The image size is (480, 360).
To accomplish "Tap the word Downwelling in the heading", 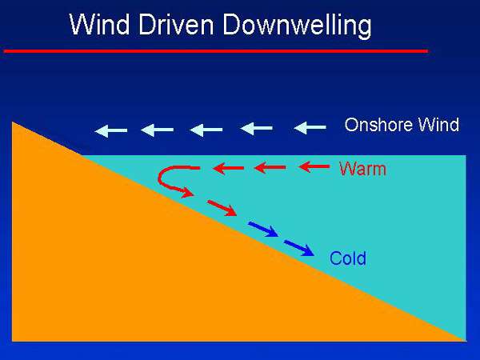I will coord(297,26).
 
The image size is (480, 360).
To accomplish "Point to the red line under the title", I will coord(215,50).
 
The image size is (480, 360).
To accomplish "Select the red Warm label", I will coord(362,169).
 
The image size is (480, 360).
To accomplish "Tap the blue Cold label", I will coord(348,258).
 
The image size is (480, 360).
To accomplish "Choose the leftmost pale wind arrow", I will coord(111,130).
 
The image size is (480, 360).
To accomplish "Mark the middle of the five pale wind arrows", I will coord(206,130).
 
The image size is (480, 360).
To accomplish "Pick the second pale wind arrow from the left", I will coord(158,130).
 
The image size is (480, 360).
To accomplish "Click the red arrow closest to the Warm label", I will coord(314,167).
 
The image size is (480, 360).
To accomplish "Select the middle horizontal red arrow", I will coord(270,168).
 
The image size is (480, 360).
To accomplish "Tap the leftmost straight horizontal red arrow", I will coord(228,168).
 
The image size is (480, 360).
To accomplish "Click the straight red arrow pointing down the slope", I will coord(222,208).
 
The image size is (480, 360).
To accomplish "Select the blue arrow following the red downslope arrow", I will coord(263,229).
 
